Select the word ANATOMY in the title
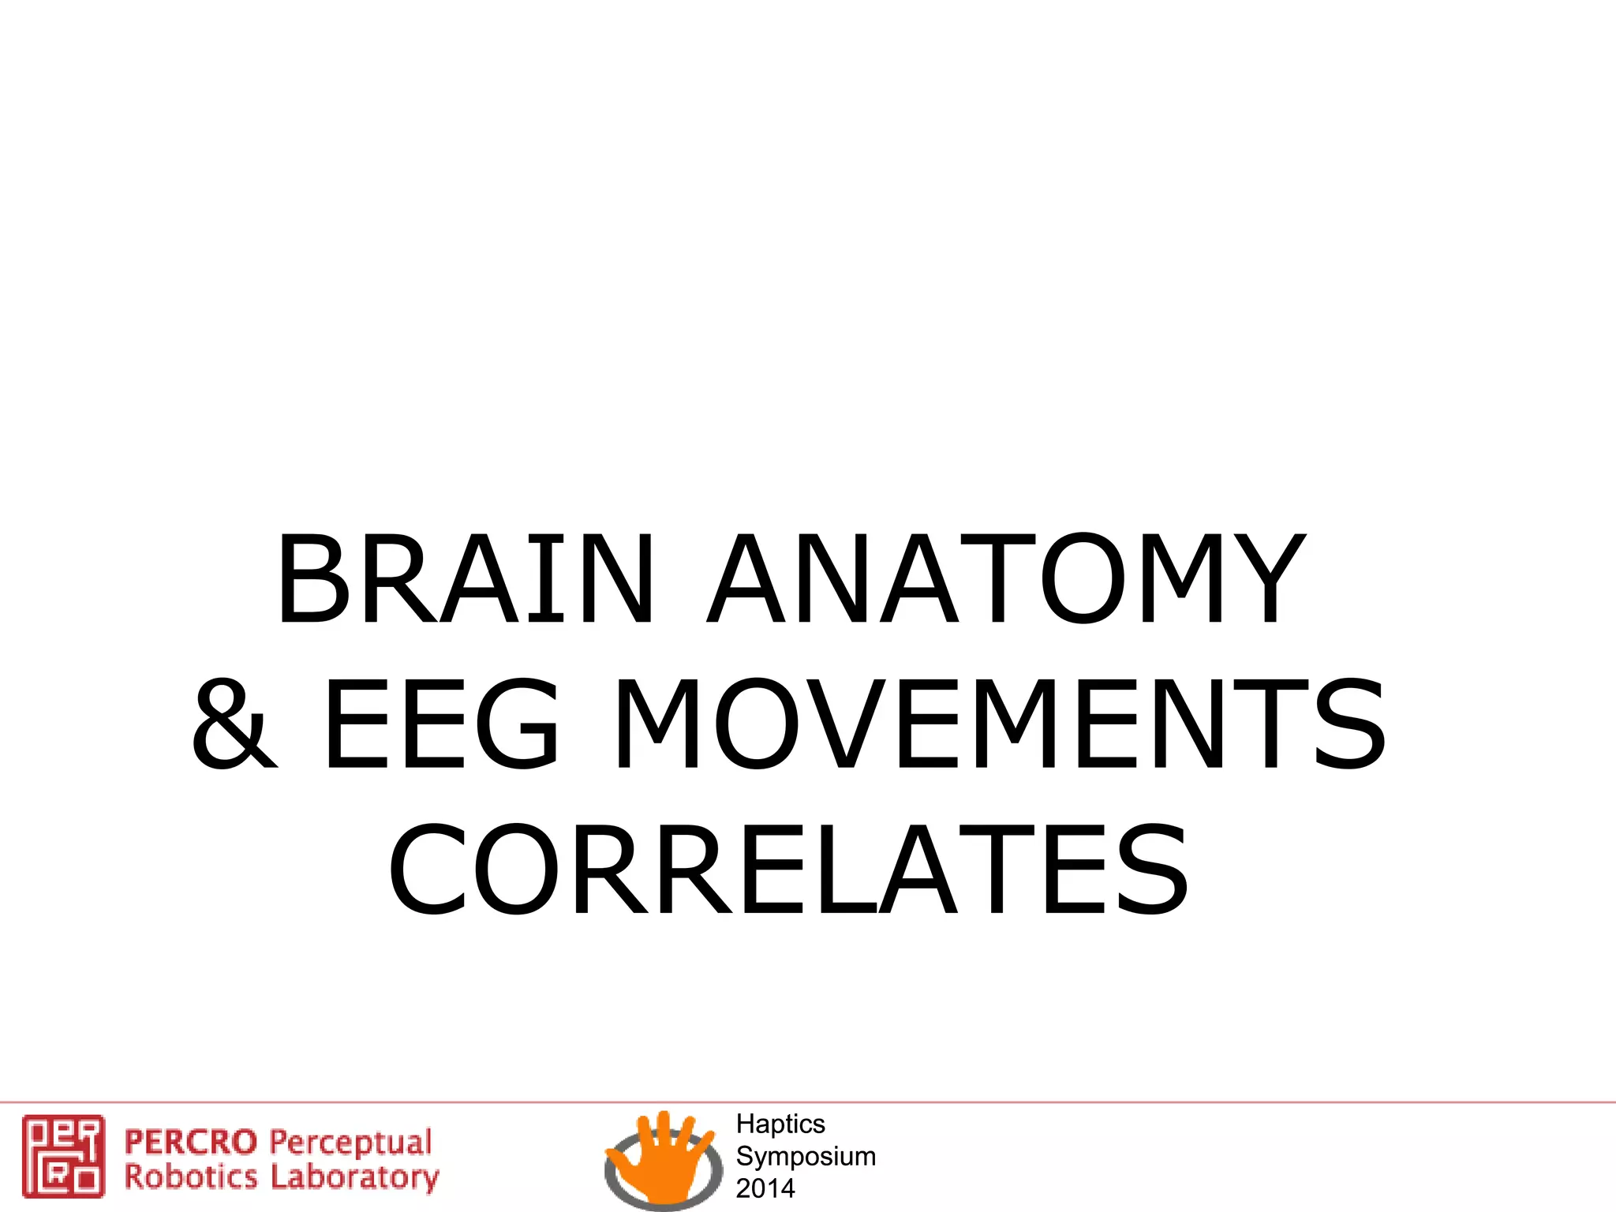[1006, 580]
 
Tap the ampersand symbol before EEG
[235, 724]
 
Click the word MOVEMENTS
[998, 724]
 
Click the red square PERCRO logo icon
[63, 1155]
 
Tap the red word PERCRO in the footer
[191, 1142]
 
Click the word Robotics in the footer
[191, 1176]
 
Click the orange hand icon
[663, 1156]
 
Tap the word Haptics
[780, 1124]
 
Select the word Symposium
[806, 1156]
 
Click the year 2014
[765, 1188]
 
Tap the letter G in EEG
[518, 724]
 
